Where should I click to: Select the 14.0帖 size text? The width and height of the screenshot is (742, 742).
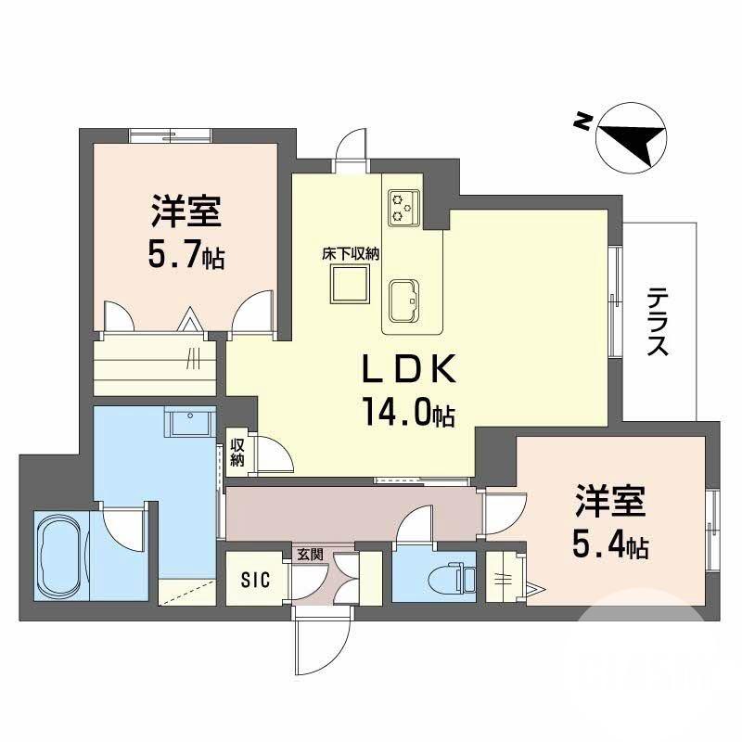click(x=409, y=414)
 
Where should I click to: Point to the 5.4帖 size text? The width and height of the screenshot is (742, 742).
click(x=609, y=545)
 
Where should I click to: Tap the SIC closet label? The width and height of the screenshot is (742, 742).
click(x=255, y=581)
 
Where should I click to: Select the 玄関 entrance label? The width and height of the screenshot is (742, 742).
click(x=310, y=555)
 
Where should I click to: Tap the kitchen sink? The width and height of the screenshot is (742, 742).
click(x=405, y=301)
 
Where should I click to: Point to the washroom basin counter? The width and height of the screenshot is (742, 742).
click(x=190, y=423)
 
